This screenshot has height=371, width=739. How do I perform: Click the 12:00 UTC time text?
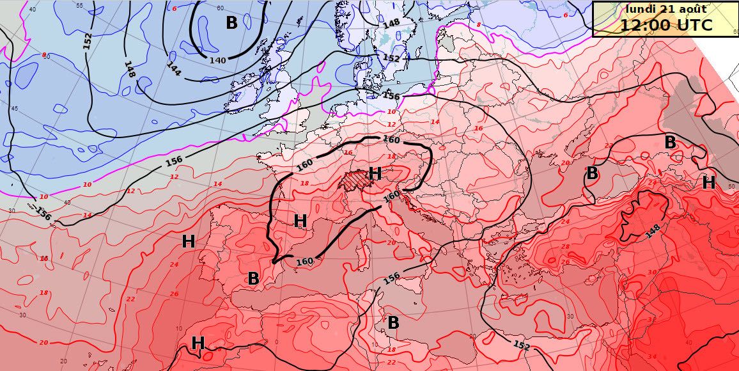(665, 25)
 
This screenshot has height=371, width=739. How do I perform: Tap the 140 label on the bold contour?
(218, 60)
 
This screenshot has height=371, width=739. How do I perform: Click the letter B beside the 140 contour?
(231, 23)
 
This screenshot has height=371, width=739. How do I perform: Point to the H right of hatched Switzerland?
(375, 173)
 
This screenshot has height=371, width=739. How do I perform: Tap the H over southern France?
(300, 221)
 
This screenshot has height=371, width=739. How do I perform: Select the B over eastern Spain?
(253, 278)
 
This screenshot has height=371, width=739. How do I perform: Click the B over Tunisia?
(393, 323)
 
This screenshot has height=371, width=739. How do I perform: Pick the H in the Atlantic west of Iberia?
(188, 242)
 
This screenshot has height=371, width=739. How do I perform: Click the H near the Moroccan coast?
(198, 343)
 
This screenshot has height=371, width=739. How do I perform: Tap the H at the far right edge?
(708, 183)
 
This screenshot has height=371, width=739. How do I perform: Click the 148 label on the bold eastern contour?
(653, 230)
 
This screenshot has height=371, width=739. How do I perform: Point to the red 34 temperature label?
(652, 356)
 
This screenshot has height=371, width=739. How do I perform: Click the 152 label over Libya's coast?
(522, 346)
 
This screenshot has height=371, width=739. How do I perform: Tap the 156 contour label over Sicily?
(392, 279)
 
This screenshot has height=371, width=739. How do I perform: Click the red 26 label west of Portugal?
(174, 294)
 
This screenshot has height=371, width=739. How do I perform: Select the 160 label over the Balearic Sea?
(305, 260)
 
